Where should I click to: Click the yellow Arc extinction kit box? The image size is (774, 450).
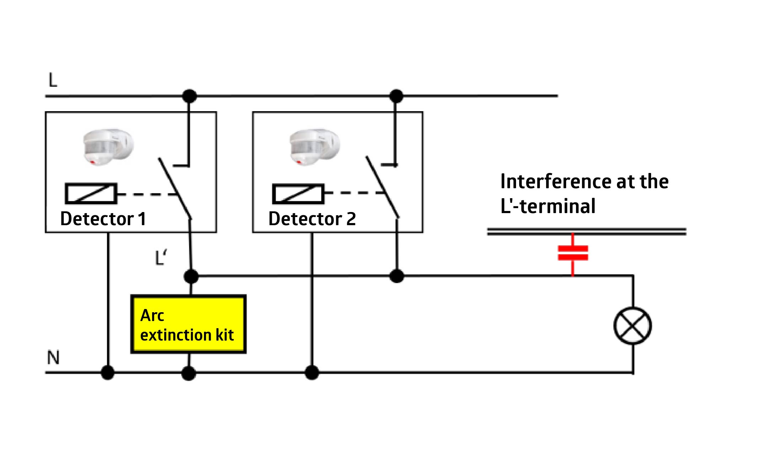tap(188, 324)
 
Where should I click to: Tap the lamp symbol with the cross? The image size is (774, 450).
tap(633, 326)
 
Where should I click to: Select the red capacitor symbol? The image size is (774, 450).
tap(573, 253)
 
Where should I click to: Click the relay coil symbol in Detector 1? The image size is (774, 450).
tap(91, 194)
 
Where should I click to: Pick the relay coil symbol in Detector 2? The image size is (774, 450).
tap(298, 194)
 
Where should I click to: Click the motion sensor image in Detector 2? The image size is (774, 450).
tap(315, 147)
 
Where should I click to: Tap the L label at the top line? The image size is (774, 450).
tap(53, 81)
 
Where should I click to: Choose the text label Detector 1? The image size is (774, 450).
tap(103, 218)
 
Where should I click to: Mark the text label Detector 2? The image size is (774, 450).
tap(312, 218)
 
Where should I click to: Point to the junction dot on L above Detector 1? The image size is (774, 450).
tap(189, 96)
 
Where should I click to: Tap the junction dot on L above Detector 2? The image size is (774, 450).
tap(396, 96)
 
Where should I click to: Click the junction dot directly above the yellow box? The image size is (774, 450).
tap(191, 276)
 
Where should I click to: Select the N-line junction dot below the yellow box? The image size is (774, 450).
tap(188, 373)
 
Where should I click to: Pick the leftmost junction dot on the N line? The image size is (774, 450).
tap(108, 373)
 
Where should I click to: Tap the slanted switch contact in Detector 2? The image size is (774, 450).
tap(382, 187)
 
